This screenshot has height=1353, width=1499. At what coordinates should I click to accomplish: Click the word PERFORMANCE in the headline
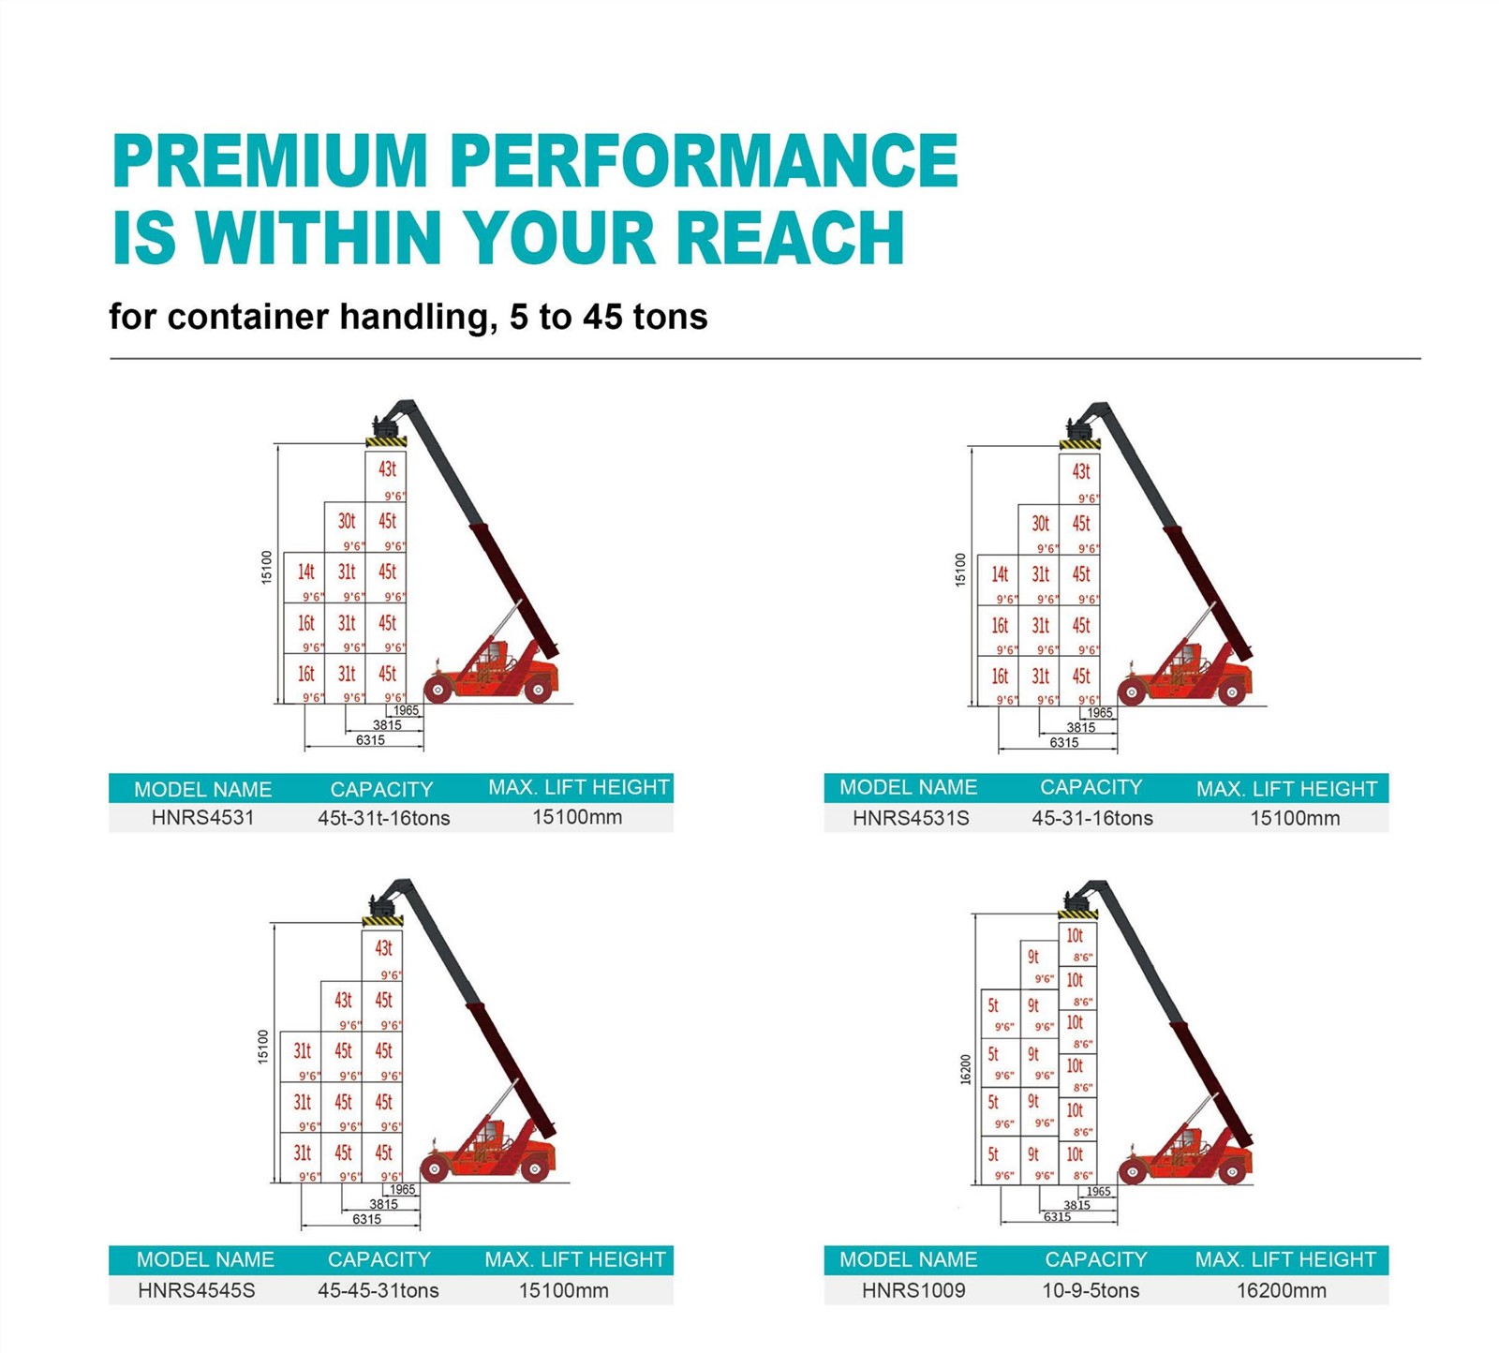pos(704,160)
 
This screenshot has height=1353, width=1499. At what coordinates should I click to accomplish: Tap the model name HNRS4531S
pos(911,818)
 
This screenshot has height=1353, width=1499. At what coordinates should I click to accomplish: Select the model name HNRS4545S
pos(196,1290)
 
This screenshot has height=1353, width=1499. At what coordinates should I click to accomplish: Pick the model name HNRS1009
pos(913,1290)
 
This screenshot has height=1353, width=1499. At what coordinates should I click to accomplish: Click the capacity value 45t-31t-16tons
pos(383,818)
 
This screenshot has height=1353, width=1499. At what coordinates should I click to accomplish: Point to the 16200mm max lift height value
pos(1281,1290)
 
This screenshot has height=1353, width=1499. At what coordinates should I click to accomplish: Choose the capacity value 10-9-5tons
pos(1091,1290)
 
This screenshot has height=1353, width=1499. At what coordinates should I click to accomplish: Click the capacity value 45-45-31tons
pos(378,1290)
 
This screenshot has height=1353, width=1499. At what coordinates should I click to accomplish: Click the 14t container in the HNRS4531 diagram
pos(304,577)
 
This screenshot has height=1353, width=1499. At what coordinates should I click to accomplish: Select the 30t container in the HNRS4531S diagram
pos(1039,530)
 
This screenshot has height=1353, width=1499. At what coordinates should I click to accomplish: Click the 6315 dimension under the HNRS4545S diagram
pos(366,1219)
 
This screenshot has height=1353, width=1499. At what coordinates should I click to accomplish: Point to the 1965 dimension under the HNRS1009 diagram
pos(1098,1192)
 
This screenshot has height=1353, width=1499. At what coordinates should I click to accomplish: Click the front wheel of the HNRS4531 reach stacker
pos(437,691)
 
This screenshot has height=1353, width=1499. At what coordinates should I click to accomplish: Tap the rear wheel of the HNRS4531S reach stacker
pos(1232,693)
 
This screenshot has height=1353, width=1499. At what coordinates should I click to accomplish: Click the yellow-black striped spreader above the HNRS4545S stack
pos(382,921)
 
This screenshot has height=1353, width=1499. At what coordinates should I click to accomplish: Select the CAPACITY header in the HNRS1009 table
pos(1095,1259)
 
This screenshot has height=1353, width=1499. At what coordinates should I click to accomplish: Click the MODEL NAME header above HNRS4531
pos(202,789)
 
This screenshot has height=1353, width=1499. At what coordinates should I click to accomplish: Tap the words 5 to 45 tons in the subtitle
pos(608,317)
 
